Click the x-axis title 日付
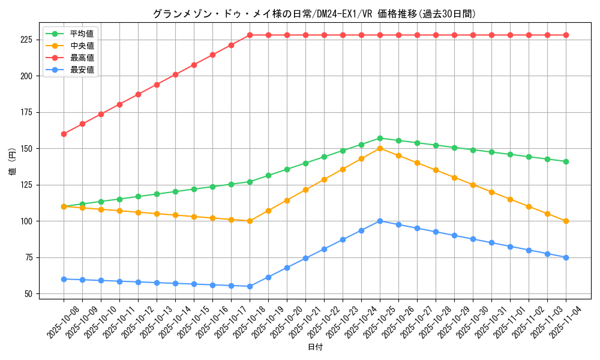click(x=315, y=347)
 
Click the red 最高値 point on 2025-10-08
click(x=64, y=134)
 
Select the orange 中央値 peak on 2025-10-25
click(x=380, y=148)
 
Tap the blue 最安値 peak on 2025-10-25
click(x=380, y=221)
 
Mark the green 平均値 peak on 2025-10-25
click(x=380, y=138)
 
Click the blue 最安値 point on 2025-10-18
click(x=250, y=286)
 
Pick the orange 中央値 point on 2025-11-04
click(x=566, y=221)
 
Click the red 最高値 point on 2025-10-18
click(x=250, y=35)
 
